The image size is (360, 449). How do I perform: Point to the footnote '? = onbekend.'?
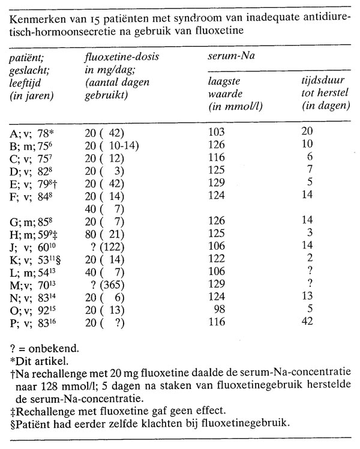[x=44, y=348]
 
